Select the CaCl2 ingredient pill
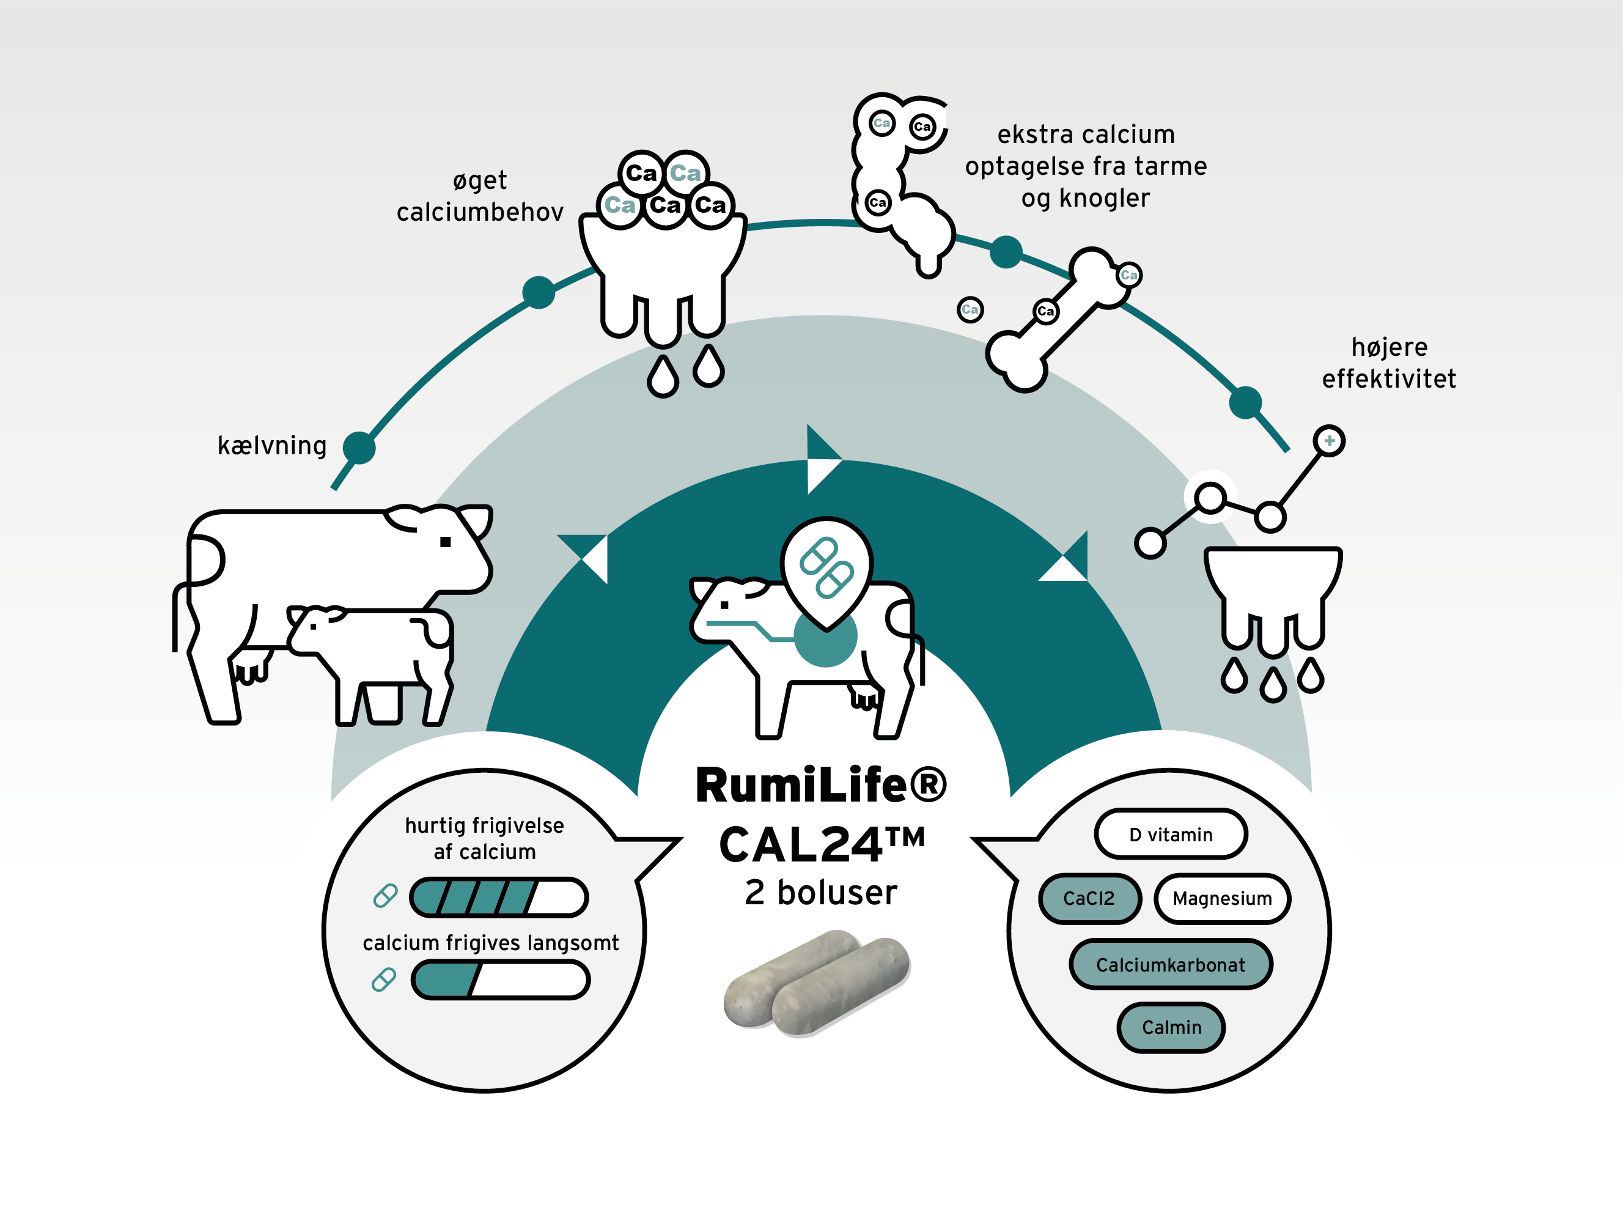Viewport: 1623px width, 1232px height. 1089,898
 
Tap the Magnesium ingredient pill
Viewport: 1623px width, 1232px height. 1221,898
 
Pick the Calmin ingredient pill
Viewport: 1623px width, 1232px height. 1171,1027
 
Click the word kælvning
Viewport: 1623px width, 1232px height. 271,445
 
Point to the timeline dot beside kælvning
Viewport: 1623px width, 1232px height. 359,448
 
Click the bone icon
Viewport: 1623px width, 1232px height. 1056,320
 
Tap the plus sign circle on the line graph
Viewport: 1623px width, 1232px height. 1329,441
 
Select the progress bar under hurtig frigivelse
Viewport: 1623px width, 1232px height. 499,897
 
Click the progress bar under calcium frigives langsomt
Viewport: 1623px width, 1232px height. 501,979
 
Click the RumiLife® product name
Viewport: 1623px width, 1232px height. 820,785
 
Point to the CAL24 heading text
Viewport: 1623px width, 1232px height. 820,844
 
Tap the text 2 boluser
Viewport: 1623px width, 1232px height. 820,892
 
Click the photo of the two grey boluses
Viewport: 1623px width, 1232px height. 817,983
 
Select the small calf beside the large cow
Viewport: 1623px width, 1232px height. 370,660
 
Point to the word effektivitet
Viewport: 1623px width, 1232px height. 1388,378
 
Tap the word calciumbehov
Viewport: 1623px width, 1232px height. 480,212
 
